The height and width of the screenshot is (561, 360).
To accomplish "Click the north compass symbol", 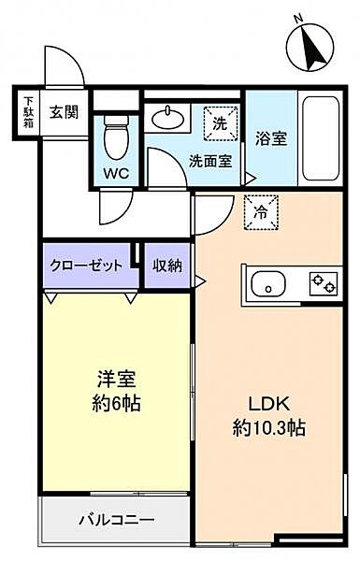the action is tap(310, 47).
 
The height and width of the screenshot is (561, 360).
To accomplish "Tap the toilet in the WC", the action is tap(116, 137).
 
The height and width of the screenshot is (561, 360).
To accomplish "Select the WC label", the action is tap(116, 174).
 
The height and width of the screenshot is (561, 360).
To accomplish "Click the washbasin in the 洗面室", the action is tap(167, 117).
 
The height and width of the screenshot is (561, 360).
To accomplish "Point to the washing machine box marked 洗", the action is tap(221, 123).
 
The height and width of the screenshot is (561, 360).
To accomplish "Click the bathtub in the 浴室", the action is tap(321, 138).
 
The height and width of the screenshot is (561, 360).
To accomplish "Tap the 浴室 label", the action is tap(271, 138).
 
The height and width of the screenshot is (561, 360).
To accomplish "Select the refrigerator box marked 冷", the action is tap(261, 212).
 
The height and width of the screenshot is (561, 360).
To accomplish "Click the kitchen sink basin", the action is tap(268, 283).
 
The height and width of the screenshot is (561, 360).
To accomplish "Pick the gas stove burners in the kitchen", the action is tap(324, 283).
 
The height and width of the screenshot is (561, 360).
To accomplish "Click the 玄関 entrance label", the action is tap(64, 113).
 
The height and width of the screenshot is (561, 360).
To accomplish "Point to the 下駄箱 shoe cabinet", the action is tap(28, 112).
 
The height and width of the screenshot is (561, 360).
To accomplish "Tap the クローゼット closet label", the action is tap(86, 266).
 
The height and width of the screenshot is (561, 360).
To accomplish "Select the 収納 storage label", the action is tap(167, 266).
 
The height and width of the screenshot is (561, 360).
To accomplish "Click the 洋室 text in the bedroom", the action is tap(117, 380).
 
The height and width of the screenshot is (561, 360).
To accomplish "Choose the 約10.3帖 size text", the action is tap(269, 427).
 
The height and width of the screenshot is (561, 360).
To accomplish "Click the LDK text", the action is tap(268, 404).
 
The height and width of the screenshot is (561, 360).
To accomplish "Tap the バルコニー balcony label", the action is tap(117, 519).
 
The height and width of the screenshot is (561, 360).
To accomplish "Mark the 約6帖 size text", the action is tap(116, 404).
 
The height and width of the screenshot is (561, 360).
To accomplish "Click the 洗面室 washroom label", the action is tap(210, 162).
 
